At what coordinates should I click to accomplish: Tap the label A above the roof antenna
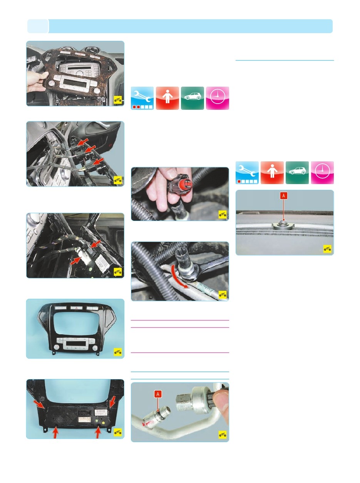coord(283,195)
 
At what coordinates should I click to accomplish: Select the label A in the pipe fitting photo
coord(158,394)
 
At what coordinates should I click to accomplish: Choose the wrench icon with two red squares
coord(142,98)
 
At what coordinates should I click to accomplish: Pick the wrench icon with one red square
coord(247,173)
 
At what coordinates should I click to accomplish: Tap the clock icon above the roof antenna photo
coord(322,173)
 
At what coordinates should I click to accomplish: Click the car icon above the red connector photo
coord(193,98)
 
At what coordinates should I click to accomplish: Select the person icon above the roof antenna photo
coord(272,173)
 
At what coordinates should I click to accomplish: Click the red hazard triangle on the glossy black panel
coord(76,308)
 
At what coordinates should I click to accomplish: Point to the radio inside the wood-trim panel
coord(79,70)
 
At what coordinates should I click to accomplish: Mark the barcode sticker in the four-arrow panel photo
coord(100,412)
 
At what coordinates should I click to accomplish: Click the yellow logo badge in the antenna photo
coord(327,249)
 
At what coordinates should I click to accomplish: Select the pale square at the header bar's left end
coord(38,26)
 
